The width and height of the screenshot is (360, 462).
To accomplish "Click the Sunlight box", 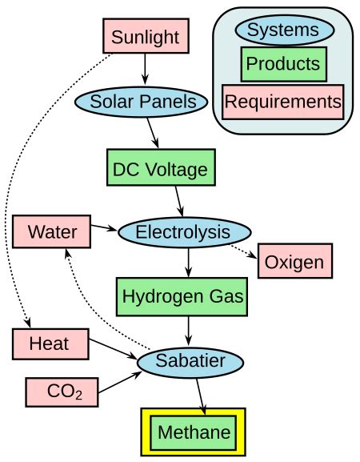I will point(146,37).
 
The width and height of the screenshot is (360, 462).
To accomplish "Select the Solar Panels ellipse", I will point(142,101).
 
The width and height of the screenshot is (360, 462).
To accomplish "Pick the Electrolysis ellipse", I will point(184,232).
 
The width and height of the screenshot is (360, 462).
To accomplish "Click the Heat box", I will point(49,344).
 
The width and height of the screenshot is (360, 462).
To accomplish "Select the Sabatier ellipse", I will point(189,362).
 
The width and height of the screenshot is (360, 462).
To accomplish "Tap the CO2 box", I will point(62,392).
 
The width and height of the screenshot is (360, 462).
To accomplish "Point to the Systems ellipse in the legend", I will point(283,31).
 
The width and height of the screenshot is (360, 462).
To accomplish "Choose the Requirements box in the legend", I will point(283,102).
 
